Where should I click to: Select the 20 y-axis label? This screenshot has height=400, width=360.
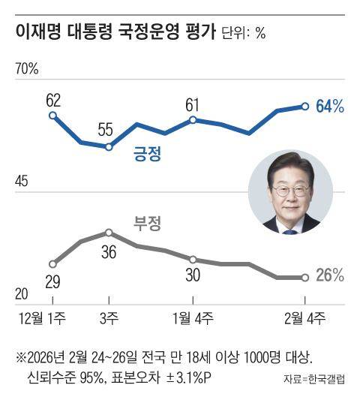point(22,293)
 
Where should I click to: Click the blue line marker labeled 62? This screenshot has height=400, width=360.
point(52,115)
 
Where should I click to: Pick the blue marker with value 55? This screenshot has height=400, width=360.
point(109,147)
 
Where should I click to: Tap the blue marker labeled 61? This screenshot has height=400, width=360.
point(193,119)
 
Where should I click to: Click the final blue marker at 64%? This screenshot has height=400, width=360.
point(304,106)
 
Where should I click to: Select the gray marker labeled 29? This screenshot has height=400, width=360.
point(52,263)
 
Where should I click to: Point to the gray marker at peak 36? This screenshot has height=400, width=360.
point(109,233)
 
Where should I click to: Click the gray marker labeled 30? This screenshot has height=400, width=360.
point(193,259)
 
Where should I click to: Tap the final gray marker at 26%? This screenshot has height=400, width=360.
point(304,277)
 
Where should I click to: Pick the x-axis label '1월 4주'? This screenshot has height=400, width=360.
point(193,319)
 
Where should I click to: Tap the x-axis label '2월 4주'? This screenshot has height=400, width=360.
point(304,319)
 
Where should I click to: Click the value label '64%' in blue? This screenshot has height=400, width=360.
point(330,107)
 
